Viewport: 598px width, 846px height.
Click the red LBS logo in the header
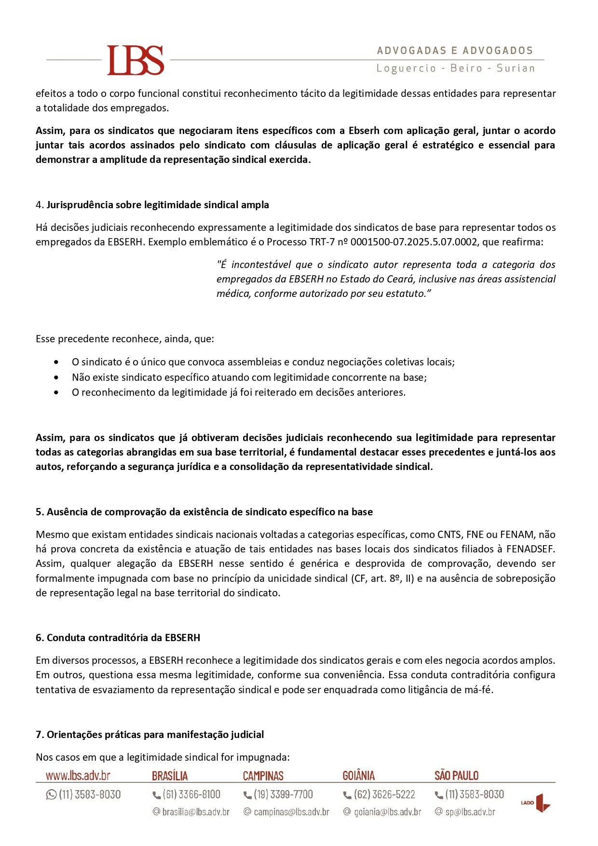[x=136, y=60]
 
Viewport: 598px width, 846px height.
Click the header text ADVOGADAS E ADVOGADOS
[x=455, y=51]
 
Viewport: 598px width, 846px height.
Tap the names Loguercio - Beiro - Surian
[x=456, y=68]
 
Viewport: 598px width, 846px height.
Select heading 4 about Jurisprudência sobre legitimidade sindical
[x=152, y=205]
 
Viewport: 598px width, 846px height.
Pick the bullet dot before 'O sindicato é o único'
[x=58, y=362]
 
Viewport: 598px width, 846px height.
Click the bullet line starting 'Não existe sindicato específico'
[x=249, y=377]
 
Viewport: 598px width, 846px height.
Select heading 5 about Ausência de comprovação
[x=204, y=512]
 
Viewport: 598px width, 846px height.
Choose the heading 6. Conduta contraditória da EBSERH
[x=118, y=638]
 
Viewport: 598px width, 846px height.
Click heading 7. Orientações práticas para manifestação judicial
[x=149, y=735]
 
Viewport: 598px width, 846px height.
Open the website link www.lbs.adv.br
[x=78, y=776]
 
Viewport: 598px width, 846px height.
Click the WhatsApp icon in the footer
[x=51, y=794]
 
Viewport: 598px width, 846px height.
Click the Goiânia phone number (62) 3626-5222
[x=384, y=794]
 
